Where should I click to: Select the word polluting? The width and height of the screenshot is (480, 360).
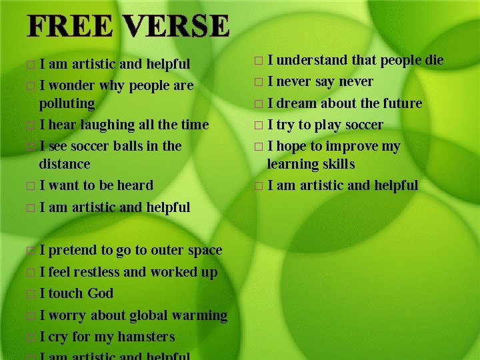67,104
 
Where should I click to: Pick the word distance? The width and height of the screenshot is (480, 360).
65,164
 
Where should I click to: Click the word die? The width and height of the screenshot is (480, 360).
435,60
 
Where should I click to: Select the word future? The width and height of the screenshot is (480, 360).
399,103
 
